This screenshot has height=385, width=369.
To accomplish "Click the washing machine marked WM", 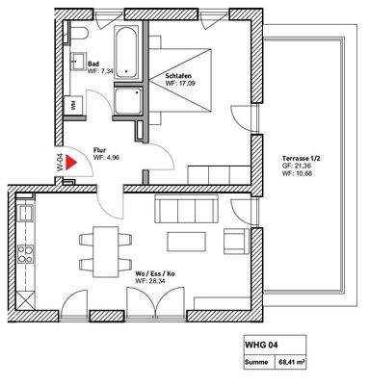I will [x=73, y=104].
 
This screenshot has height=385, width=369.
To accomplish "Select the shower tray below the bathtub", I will [x=129, y=100].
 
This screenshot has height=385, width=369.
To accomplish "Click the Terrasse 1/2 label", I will [x=303, y=156].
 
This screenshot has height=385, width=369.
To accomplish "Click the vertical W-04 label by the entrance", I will [x=63, y=160].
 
